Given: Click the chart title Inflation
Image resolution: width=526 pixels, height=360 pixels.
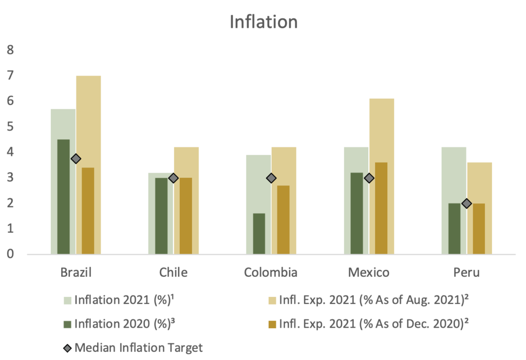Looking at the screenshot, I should pos(263,23).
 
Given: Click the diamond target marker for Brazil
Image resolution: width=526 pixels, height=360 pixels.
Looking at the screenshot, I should pos(76,159).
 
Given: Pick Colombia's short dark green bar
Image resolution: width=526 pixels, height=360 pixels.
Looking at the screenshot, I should pos(259,234).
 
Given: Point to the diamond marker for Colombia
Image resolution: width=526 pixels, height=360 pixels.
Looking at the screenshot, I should pos(271,178).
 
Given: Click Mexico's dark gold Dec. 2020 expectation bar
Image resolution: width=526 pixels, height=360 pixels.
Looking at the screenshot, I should pos(381,208).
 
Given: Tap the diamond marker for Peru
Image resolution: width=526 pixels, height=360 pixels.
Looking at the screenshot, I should pos(466,203).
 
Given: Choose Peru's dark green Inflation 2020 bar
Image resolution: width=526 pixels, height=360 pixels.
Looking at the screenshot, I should pos(454,229).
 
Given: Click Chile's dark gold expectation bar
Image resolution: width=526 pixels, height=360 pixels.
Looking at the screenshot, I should pos(185,216).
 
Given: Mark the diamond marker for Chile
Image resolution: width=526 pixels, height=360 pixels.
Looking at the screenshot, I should pos(173,178).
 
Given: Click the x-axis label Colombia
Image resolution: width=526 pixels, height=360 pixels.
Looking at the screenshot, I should pos(271,272).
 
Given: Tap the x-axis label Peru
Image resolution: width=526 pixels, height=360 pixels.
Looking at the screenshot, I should pos(466,272).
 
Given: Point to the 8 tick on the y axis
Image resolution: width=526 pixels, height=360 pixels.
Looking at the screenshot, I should pos(10,50).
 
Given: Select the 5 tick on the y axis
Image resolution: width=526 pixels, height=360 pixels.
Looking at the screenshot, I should pos(10,126).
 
